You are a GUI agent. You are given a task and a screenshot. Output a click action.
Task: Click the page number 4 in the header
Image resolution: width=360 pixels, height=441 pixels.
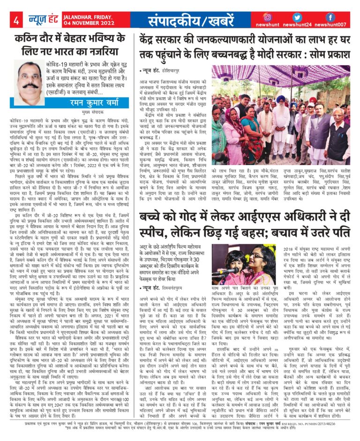(x=16, y=20)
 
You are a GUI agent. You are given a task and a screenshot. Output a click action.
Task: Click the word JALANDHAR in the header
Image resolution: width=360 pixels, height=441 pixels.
(x=74, y=16)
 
